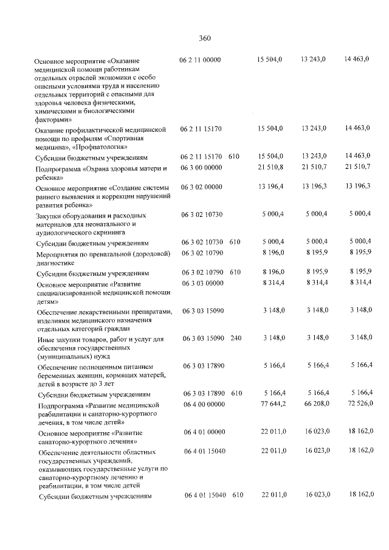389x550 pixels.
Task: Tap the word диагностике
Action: click(x=55, y=263)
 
